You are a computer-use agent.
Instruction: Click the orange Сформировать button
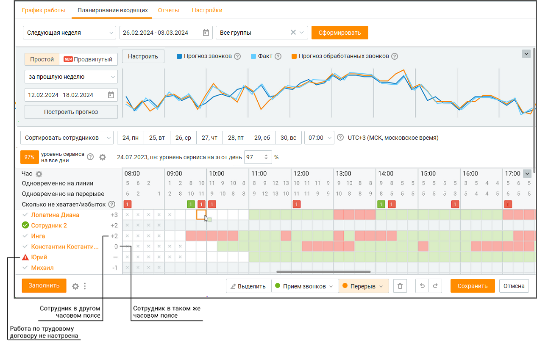pos(339,33)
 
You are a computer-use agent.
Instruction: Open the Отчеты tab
pos(169,10)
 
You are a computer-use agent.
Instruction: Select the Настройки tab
pos(207,10)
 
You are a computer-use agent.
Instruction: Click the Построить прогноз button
pos(71,112)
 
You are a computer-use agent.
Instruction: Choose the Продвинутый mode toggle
pos(88,59)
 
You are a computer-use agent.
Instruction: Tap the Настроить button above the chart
pos(143,56)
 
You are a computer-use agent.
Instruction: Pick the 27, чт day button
pos(209,138)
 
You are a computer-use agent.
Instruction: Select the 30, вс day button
pos(288,138)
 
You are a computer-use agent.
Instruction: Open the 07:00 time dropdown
pos(319,138)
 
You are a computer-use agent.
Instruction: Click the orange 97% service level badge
pos(30,157)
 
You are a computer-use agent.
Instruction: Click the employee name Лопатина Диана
pos(55,215)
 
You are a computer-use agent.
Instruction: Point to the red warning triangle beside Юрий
pos(25,257)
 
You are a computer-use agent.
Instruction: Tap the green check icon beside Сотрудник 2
pos(25,225)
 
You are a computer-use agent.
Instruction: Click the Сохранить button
pos(473,286)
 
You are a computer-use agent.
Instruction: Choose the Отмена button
pos(514,286)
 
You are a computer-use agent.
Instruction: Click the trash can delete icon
pos(400,286)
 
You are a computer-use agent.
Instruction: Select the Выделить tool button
pos(249,286)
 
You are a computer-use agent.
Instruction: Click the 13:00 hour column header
pos(344,173)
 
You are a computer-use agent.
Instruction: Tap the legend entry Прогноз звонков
pos(204,56)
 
